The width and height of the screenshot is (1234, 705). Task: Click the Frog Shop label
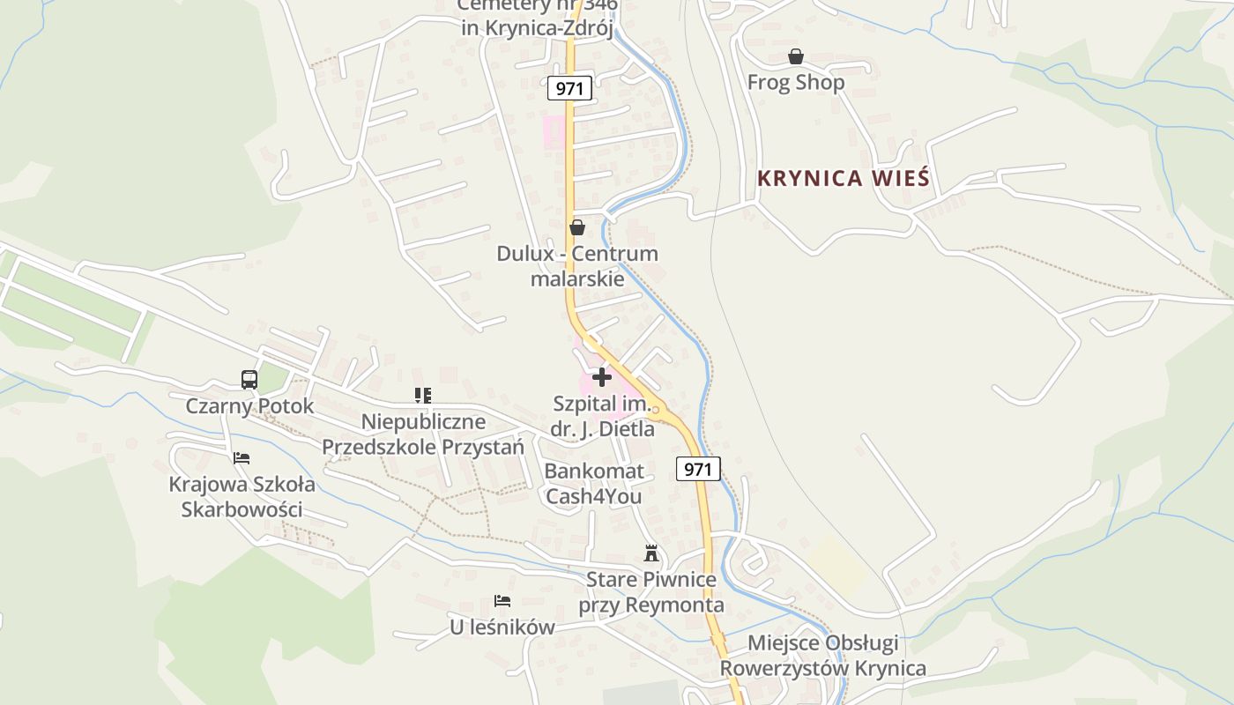(x=795, y=82)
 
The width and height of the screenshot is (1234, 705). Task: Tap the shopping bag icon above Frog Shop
(x=796, y=56)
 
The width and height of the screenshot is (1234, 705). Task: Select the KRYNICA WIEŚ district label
(x=843, y=178)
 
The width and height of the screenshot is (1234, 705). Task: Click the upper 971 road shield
(x=569, y=88)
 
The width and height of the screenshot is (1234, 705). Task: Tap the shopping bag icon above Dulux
(x=577, y=227)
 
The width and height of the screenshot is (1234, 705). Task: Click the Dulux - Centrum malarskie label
(x=577, y=266)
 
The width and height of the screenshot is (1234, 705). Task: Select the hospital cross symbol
(x=602, y=377)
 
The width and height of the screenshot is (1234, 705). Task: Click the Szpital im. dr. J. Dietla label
(x=603, y=417)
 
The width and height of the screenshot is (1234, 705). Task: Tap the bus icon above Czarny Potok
(x=249, y=380)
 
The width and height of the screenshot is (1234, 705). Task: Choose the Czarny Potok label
(x=249, y=406)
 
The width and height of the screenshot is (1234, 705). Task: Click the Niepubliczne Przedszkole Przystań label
(x=423, y=434)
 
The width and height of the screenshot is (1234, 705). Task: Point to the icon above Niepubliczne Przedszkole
(x=423, y=396)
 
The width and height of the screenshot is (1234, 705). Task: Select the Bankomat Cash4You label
(x=594, y=484)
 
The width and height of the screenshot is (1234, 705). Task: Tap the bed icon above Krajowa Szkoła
(x=242, y=458)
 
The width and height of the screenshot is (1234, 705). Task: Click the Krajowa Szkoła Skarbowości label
(x=242, y=497)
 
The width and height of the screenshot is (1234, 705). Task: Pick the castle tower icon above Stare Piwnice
(x=651, y=553)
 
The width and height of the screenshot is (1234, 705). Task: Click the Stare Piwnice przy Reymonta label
(x=651, y=592)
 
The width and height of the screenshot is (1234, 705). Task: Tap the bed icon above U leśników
(x=502, y=601)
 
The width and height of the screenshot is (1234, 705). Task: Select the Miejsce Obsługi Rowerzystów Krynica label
(x=823, y=656)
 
